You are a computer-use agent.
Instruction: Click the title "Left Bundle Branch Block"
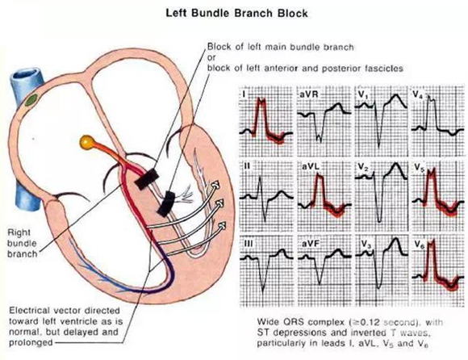point(236,14)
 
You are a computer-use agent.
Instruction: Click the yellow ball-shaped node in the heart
point(87,142)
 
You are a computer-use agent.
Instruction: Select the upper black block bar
point(147,179)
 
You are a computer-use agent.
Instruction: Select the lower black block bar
point(166,204)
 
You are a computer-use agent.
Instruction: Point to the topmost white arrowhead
point(215,186)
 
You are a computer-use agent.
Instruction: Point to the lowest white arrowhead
point(221,226)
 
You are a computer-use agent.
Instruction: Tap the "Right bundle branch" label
point(22,243)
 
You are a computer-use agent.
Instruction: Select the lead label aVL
point(311,166)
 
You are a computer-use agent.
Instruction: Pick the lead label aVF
point(311,244)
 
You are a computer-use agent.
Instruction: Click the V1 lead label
point(362,94)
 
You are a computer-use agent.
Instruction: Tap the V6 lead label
point(419,245)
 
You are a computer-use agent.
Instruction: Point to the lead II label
point(247,165)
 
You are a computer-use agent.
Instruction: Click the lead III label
point(249,244)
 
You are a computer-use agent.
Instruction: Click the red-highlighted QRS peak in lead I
point(261,102)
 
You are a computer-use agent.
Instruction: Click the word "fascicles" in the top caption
point(384,69)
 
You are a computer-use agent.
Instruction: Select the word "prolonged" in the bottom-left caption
point(31,343)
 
